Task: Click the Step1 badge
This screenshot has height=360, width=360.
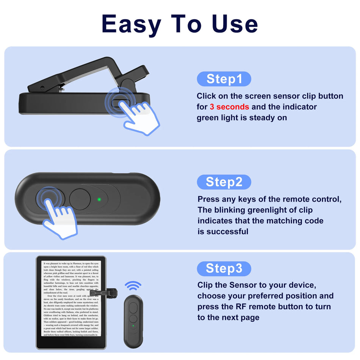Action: [224, 79]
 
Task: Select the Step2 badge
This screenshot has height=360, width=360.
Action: [224, 182]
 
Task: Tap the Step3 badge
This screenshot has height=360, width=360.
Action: [224, 268]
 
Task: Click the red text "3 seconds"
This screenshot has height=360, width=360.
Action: [229, 107]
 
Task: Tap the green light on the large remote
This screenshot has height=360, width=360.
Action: [99, 199]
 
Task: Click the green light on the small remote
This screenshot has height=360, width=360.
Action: [133, 325]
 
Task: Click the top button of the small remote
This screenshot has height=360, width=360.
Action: [133, 307]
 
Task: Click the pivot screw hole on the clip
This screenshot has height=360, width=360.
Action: [42, 88]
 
